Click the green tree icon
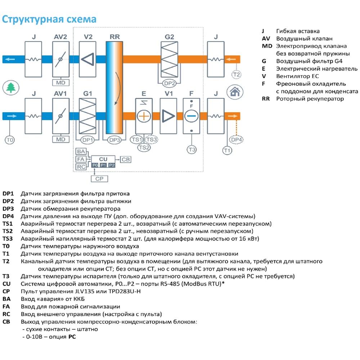(x=10, y=88)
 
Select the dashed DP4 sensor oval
(x=237, y=140)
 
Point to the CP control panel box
(x=99, y=178)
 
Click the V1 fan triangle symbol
(x=168, y=116)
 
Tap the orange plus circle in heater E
(x=144, y=116)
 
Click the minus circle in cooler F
(x=192, y=116)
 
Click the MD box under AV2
(x=60, y=83)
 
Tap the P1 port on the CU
(x=103, y=165)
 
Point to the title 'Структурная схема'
(x=49, y=19)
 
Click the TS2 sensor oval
(x=144, y=147)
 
